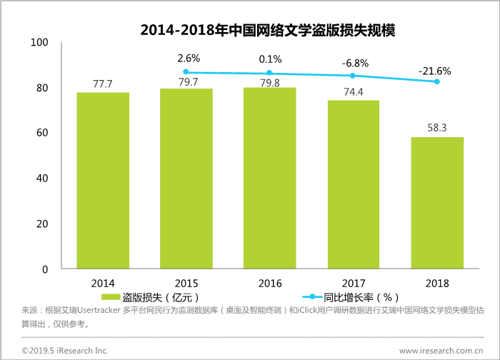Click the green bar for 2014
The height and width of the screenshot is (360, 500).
click(x=103, y=181)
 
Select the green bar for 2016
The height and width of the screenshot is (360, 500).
click(x=269, y=178)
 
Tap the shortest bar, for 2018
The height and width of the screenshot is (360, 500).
click(x=437, y=203)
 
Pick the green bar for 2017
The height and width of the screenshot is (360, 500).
click(x=354, y=184)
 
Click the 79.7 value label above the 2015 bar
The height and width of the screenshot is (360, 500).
click(x=187, y=81)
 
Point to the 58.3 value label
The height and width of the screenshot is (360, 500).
click(x=437, y=127)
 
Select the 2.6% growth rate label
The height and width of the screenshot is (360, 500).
click(x=189, y=58)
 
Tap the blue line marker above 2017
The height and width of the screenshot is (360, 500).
click(x=353, y=76)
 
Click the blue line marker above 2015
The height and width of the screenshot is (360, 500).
click(x=186, y=72)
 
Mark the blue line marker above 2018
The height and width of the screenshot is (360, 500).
click(x=437, y=81)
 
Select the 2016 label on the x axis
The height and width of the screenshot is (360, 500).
click(x=269, y=283)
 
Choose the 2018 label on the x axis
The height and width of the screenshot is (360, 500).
click(x=437, y=283)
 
